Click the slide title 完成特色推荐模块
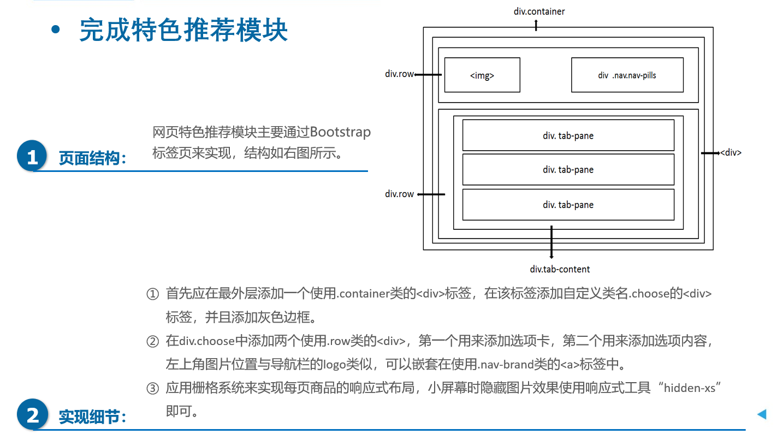coord(183,31)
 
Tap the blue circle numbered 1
coord(33,157)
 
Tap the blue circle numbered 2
coord(33,415)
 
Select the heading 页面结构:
coord(93,158)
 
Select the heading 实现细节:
coord(93,418)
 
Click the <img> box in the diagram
coord(482,75)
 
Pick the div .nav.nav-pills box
coord(627,75)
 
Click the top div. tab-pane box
coord(568,135)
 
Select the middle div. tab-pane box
coord(568,169)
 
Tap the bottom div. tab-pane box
coord(568,205)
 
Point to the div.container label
coord(539,11)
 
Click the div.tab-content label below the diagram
coord(560,269)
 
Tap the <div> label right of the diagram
coord(731,153)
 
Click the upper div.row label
coord(399,74)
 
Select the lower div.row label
coord(399,194)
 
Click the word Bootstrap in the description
coord(340,132)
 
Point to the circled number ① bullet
coord(152,294)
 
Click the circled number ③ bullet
coord(152,388)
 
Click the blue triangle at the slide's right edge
coord(762,414)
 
